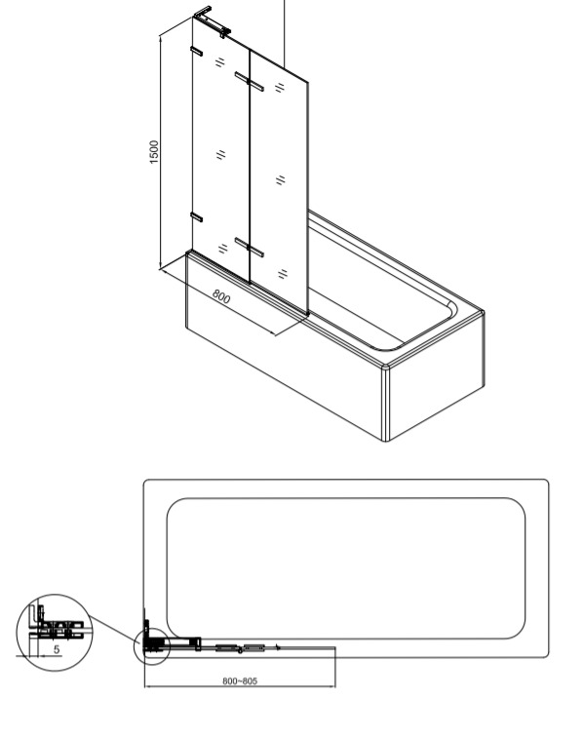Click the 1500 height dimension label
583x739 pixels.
(154, 152)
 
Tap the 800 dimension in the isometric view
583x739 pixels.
(221, 297)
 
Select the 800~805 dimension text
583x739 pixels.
(240, 681)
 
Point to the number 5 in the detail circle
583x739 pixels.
(57, 649)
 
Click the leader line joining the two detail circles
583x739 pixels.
(114, 630)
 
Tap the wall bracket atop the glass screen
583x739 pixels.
(212, 21)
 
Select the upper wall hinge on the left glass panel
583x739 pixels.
(197, 51)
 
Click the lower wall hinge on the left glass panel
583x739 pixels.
(197, 217)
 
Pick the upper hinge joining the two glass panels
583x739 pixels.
(250, 81)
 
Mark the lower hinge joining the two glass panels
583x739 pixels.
(250, 248)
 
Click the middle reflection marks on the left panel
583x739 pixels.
(220, 154)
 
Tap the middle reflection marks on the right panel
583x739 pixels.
(281, 180)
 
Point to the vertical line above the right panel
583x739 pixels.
(285, 34)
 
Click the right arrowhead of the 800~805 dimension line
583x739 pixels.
(332, 686)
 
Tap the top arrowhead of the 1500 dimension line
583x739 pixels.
(161, 40)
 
